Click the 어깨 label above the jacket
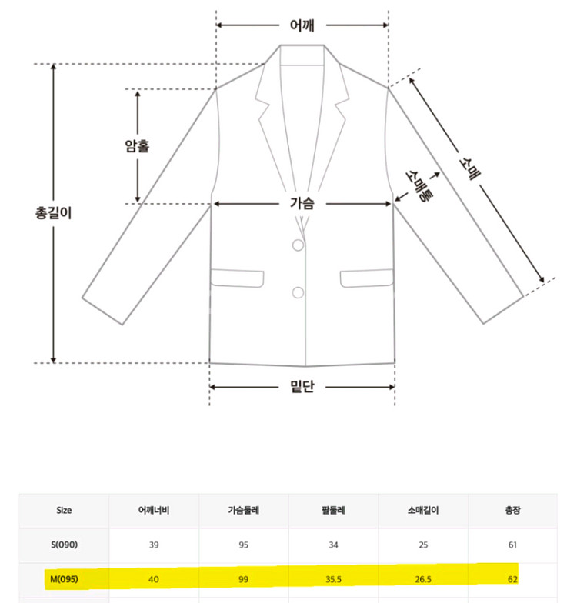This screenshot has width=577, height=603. click(x=302, y=25)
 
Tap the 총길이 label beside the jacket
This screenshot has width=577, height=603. click(x=54, y=212)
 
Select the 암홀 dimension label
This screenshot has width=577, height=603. click(x=137, y=146)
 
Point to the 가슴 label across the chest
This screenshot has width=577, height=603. click(x=302, y=203)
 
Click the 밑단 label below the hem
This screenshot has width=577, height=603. click(x=302, y=386)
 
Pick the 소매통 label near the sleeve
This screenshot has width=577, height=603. click(x=419, y=186)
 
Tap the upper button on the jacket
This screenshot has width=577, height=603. click(x=299, y=245)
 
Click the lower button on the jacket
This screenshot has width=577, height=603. click(x=299, y=292)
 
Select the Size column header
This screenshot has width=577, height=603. click(x=64, y=511)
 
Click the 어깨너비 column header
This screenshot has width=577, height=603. click(x=154, y=511)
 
